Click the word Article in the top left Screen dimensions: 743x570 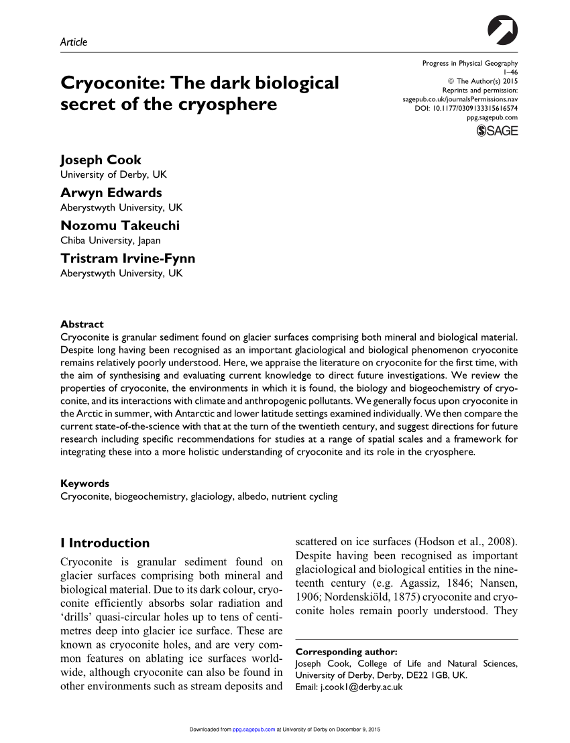(74, 42)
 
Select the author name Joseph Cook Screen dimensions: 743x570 (101, 160)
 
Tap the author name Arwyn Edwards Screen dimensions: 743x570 (111, 193)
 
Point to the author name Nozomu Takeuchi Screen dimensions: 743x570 (120, 226)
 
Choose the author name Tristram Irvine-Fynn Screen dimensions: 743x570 (128, 259)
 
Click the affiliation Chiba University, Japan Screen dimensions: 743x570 (111, 240)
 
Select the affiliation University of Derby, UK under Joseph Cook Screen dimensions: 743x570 (113, 174)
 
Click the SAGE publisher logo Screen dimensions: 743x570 (497, 131)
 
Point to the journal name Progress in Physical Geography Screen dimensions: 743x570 (470, 64)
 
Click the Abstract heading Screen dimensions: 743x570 (82, 324)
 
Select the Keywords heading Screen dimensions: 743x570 (84, 483)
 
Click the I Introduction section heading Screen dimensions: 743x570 (105, 543)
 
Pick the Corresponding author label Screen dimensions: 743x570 (347, 651)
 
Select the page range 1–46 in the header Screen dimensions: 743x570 (511, 72)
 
